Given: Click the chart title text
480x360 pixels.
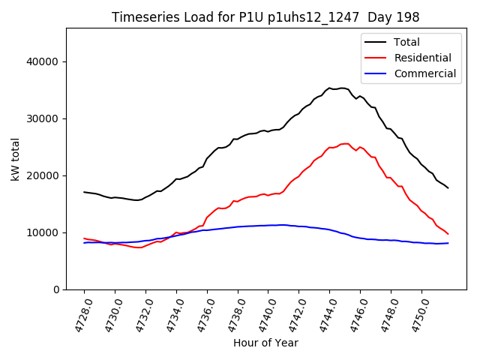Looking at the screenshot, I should pyautogui.click(x=265, y=17).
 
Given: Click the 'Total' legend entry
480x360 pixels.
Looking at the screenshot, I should pyautogui.click(x=406, y=42).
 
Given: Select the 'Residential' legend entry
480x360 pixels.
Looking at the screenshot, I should pyautogui.click(x=422, y=58).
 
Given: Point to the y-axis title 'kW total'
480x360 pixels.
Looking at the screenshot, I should pyautogui.click(x=16, y=159).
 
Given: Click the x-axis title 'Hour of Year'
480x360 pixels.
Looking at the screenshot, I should pyautogui.click(x=265, y=343).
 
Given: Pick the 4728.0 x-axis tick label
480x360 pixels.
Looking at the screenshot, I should pyautogui.click(x=78, y=313).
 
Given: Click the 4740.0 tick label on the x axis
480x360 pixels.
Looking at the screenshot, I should pyautogui.click(x=262, y=313).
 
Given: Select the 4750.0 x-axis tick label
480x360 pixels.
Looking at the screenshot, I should pyautogui.click(x=415, y=313).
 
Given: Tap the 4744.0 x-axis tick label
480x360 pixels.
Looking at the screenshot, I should pyautogui.click(x=323, y=313).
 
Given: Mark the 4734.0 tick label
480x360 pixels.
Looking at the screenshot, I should pyautogui.click(x=169, y=313).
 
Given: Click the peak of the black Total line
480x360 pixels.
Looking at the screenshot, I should pyautogui.click(x=342, y=88).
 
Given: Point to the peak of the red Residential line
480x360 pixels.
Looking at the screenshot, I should pyautogui.click(x=345, y=143).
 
